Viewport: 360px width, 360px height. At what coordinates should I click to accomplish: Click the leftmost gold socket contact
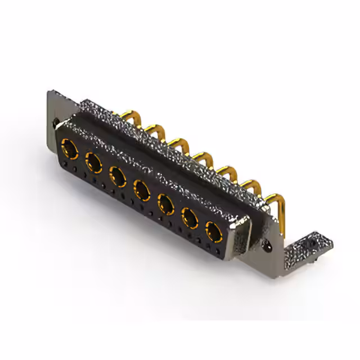click(x=70, y=149)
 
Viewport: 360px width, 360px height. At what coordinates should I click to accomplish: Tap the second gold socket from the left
click(x=93, y=163)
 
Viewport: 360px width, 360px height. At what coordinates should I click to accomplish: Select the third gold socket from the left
click(x=118, y=177)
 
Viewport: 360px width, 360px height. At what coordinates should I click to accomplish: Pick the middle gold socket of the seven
click(x=141, y=190)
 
